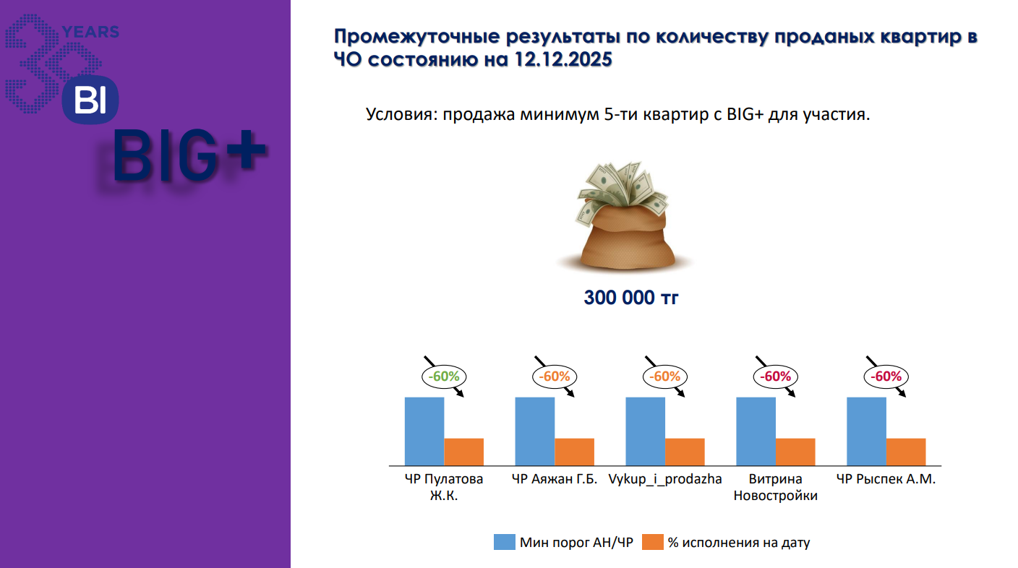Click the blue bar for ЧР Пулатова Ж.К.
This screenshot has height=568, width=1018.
[x=424, y=431]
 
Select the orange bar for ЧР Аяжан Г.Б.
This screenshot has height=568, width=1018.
[x=575, y=452]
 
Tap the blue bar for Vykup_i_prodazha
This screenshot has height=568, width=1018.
[x=646, y=431]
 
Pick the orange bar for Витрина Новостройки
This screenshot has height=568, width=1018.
[x=795, y=452]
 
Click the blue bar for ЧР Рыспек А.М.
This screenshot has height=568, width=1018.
[x=867, y=431]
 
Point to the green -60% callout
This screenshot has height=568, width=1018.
[x=444, y=376]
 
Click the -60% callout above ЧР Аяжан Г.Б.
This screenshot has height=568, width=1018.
[x=555, y=376]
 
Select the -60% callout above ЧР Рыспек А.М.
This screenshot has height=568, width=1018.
[x=886, y=376]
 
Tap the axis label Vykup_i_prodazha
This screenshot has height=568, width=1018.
[x=665, y=479]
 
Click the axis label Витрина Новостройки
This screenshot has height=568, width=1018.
[x=775, y=487]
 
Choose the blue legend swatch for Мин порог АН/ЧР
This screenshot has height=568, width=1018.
[x=505, y=542]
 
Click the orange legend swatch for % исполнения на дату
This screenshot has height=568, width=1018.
[x=653, y=542]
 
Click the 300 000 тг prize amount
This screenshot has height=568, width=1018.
[x=630, y=298]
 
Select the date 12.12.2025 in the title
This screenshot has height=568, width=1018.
[x=563, y=59]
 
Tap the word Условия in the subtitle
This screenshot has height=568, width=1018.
[x=401, y=114]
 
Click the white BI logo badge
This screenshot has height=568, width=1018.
[x=90, y=100]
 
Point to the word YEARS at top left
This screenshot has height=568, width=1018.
[x=90, y=32]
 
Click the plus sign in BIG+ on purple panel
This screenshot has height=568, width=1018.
[x=246, y=150]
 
